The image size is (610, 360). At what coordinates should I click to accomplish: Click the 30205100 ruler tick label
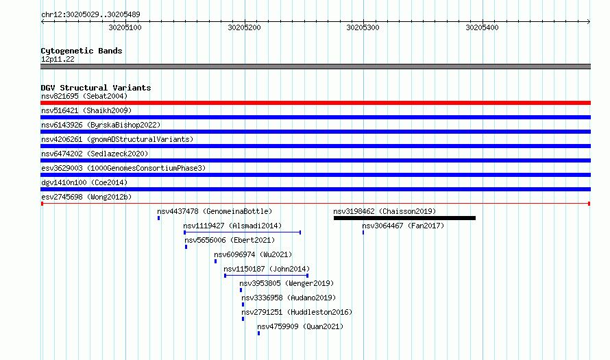(x=125, y=27)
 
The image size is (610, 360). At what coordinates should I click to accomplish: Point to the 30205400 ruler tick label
(x=482, y=27)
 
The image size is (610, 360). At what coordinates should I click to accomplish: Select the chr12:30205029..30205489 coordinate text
(x=90, y=15)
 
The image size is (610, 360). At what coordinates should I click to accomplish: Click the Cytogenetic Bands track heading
(x=82, y=51)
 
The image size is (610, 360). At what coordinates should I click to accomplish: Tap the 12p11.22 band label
(x=58, y=59)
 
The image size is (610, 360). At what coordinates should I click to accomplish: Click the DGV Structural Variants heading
(x=96, y=88)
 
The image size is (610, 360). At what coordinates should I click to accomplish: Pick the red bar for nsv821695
(x=315, y=103)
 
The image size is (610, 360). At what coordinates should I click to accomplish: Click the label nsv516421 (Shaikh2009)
(x=86, y=110)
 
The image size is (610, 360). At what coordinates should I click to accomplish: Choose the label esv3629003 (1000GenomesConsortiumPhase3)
(x=123, y=168)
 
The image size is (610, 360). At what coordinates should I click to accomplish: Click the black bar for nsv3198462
(x=404, y=218)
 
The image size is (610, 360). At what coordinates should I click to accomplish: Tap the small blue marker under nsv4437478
(x=159, y=218)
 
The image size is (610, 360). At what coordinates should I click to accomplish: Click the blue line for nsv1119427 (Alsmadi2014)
(x=243, y=232)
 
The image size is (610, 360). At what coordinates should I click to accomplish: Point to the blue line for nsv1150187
(x=267, y=276)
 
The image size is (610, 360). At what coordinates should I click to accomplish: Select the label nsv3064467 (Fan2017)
(x=403, y=226)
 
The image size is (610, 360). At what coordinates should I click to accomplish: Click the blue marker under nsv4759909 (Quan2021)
(x=258, y=333)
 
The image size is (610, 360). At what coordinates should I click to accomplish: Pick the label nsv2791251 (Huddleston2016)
(x=297, y=312)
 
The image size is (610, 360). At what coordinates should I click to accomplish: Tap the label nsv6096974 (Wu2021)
(x=253, y=254)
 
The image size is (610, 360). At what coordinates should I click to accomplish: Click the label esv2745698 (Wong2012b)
(x=86, y=197)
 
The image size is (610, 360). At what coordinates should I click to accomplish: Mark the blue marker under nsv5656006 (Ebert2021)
(x=186, y=247)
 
